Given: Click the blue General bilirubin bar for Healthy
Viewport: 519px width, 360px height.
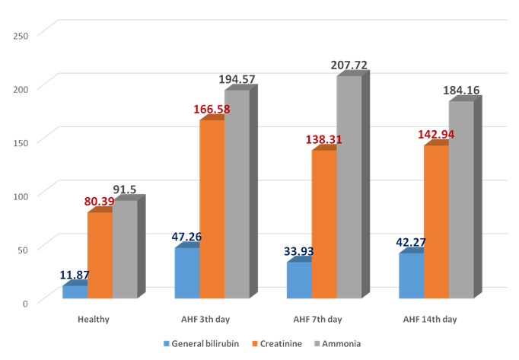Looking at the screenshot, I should coord(75,292).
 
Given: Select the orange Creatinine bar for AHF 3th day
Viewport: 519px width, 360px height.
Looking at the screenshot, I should coord(212,209).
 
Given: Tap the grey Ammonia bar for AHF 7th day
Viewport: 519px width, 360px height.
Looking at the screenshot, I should coord(349,187).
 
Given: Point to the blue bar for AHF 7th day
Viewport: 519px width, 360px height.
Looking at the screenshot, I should coord(299,280).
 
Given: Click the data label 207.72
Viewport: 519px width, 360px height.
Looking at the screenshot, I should coord(349,66).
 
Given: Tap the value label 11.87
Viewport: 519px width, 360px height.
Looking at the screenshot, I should coord(75,275).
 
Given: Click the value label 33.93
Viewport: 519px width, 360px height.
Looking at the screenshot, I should coord(299,251).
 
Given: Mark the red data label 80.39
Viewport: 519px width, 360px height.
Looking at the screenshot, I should coord(100,202).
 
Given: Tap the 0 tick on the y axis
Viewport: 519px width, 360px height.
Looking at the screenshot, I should coord(25,302).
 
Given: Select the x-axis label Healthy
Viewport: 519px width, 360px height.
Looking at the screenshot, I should coord(94,319).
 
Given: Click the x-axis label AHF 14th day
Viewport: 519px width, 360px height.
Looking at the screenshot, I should coord(430,319).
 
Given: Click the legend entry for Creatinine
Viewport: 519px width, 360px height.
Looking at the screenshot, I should coord(281,343).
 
